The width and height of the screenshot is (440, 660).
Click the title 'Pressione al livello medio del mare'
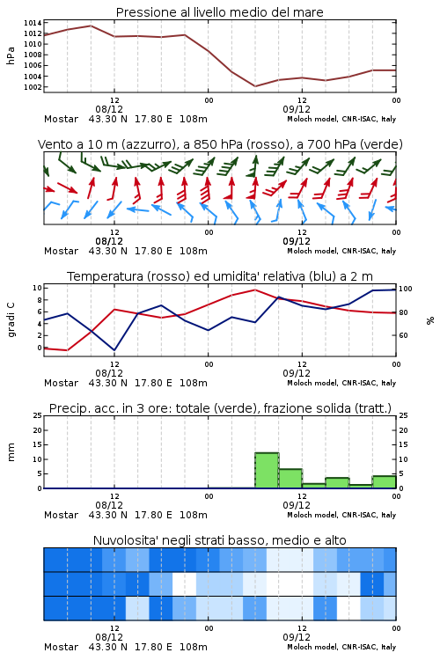point(219,12)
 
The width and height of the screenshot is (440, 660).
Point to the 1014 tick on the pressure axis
point(33,23)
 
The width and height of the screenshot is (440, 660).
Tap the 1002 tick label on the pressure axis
point(33,87)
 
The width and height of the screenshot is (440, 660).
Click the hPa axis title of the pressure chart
point(11,55)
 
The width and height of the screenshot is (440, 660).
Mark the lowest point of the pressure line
point(255,86)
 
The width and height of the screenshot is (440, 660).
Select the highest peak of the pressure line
point(91,26)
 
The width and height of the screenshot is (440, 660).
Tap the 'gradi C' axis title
point(11,320)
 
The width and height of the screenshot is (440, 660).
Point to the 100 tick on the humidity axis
point(406,289)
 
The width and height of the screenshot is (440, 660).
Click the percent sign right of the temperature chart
point(430,320)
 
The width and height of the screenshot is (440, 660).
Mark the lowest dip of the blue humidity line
point(114,350)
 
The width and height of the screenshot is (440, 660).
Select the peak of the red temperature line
point(255,290)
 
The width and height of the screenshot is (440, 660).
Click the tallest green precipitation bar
point(267,471)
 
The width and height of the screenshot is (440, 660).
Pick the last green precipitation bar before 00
point(384,482)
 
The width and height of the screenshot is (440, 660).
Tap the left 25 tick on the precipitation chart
point(38,415)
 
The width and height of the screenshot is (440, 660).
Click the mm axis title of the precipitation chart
point(11,452)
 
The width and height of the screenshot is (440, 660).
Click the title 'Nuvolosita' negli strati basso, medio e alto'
point(219,540)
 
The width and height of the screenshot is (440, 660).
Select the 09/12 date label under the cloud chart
point(297,637)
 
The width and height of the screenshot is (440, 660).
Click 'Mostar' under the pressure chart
point(61,119)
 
